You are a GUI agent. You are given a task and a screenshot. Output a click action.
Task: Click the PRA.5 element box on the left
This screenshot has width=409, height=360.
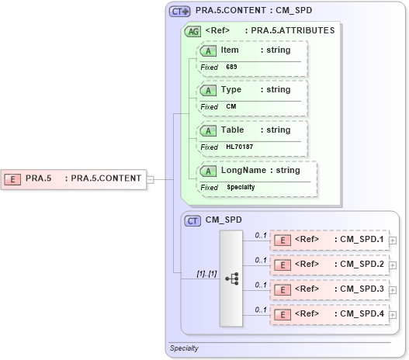coord(75,178)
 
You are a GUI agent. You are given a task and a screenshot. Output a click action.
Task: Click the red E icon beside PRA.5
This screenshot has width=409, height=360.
coord(12,178)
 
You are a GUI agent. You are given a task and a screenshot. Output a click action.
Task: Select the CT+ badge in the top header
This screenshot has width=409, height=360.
coord(180,12)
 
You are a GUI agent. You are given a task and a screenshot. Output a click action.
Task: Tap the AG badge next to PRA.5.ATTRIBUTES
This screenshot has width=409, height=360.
coord(192,32)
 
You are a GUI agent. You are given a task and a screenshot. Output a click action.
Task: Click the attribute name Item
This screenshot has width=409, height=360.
coord(230,50)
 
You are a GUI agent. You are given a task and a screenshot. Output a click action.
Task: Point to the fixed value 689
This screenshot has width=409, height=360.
coord(232,67)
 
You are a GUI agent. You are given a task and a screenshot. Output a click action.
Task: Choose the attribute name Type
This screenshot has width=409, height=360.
coord(231,89)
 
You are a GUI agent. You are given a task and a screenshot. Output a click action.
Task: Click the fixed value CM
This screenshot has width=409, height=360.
coord(231,106)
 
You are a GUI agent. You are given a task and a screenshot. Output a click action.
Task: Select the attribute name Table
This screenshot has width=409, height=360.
coord(233,130)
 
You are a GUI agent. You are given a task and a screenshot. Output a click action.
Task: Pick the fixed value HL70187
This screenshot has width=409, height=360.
coord(240,147)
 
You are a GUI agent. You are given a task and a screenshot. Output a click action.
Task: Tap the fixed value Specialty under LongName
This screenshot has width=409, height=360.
coord(241,187)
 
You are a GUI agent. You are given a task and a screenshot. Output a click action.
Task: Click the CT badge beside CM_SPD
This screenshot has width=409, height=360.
coord(192,220)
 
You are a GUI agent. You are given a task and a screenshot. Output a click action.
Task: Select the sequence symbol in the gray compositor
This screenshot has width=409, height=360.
coord(231,279)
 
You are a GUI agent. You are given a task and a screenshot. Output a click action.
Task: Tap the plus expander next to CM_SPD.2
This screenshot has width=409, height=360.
coord(393,265)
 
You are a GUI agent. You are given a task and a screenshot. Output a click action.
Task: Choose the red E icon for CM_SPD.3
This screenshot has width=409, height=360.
coord(284,289)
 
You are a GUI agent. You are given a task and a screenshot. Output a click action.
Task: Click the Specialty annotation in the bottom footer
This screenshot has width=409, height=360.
coord(184,348)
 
